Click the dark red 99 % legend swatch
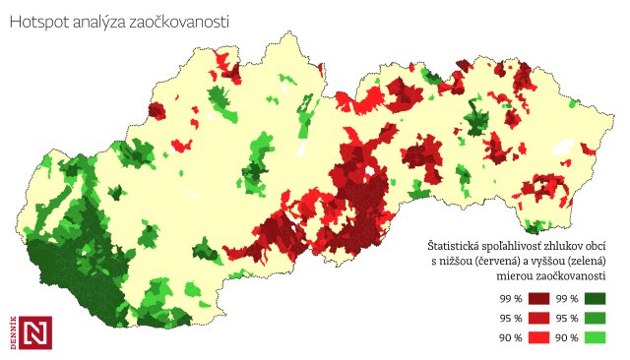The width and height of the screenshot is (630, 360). pos(538,298)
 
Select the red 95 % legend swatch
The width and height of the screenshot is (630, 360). pos(538,318)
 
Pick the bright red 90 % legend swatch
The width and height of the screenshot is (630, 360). pos(538,337)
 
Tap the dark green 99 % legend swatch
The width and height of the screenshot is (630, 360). pos(595,298)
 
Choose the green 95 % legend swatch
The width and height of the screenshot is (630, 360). pos(595,318)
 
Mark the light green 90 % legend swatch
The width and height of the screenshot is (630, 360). pos(595,337)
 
